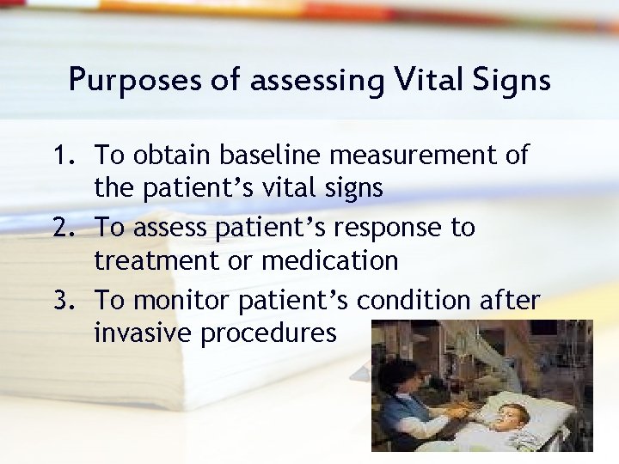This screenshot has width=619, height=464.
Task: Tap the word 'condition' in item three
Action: coord(414,301)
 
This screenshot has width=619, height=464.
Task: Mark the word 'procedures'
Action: coord(268,333)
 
